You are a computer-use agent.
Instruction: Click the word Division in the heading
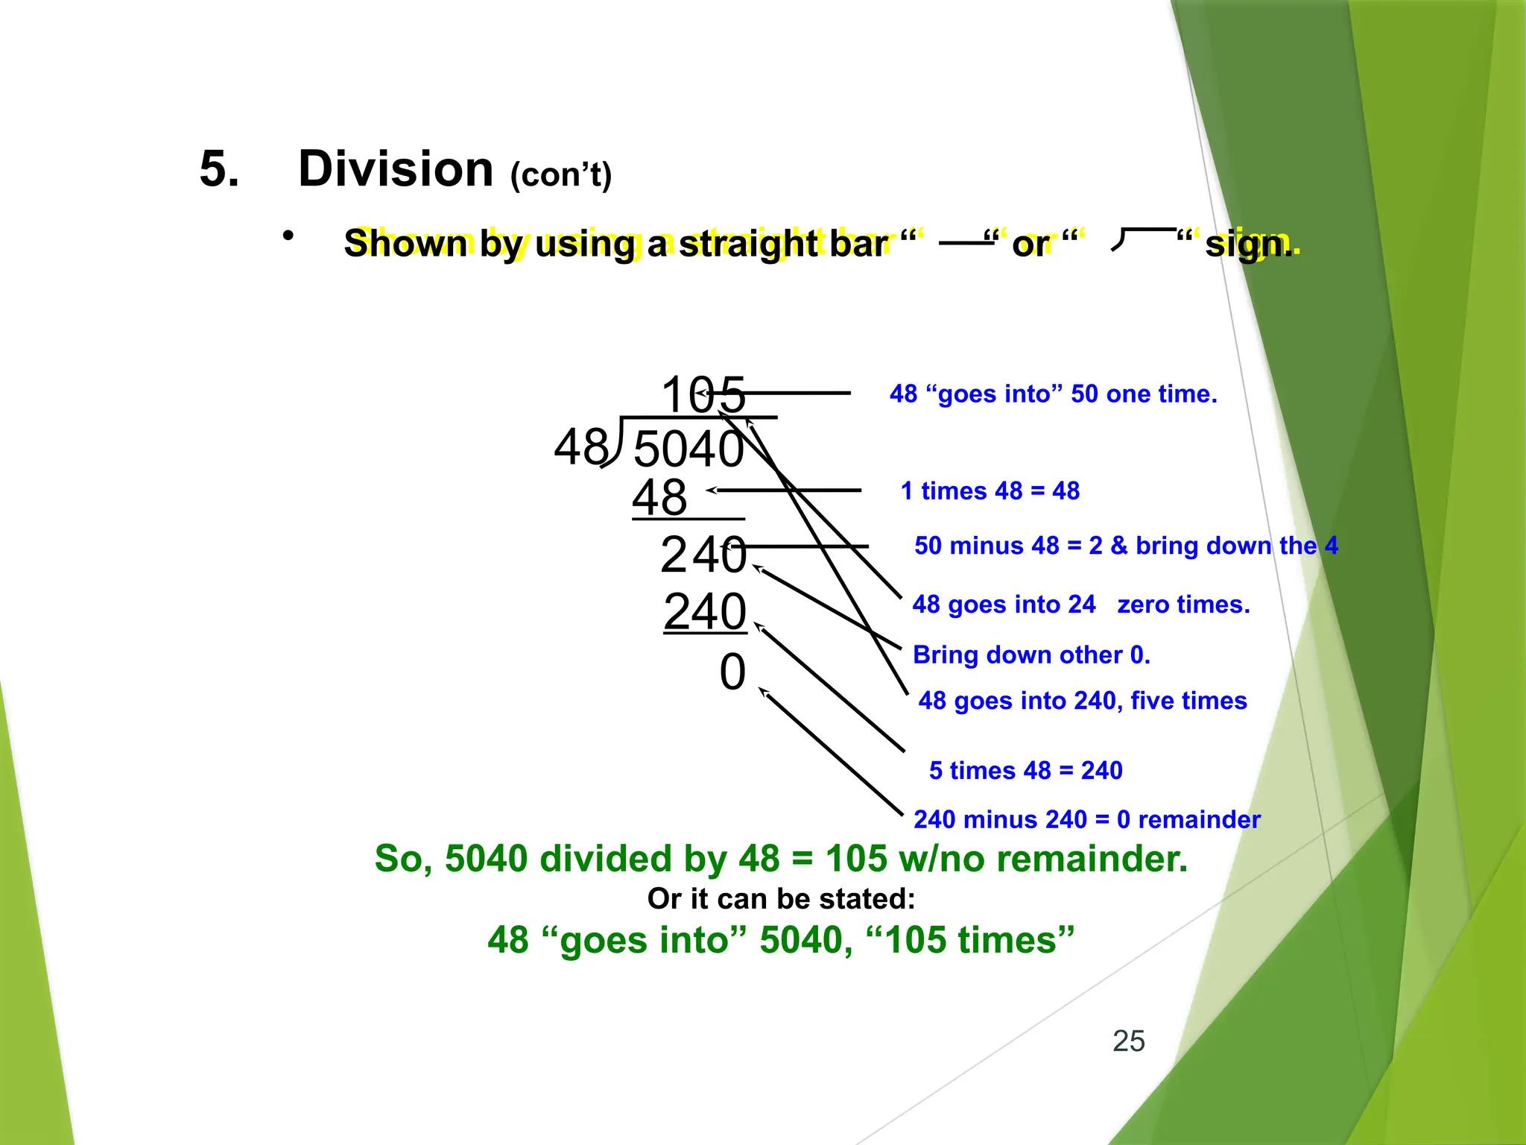pyautogui.click(x=396, y=169)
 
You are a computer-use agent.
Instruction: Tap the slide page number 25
pyautogui.click(x=1128, y=1041)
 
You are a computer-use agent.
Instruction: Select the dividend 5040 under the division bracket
pyautogui.click(x=688, y=450)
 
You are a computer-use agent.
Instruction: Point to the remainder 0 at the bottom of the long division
pyautogui.click(x=732, y=672)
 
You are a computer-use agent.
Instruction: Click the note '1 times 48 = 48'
pyautogui.click(x=990, y=491)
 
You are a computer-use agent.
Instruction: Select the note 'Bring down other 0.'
pyautogui.click(x=1031, y=655)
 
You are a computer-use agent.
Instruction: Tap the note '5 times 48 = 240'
pyautogui.click(x=1025, y=771)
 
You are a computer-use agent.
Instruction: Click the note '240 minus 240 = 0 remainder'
pyautogui.click(x=1086, y=820)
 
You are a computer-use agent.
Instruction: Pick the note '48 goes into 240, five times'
pyautogui.click(x=1082, y=701)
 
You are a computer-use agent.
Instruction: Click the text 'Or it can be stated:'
pyautogui.click(x=781, y=899)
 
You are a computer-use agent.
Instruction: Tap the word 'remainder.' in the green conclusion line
pyautogui.click(x=1092, y=859)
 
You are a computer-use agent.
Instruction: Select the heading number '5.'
pyautogui.click(x=219, y=169)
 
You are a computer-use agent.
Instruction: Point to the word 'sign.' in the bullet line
pyautogui.click(x=1249, y=245)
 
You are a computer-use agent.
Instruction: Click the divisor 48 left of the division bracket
pyautogui.click(x=580, y=448)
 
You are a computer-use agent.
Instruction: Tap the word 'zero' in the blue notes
pyautogui.click(x=1144, y=605)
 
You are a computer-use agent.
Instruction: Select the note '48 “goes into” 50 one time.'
pyautogui.click(x=1053, y=394)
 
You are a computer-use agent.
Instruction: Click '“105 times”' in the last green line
pyautogui.click(x=971, y=940)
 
